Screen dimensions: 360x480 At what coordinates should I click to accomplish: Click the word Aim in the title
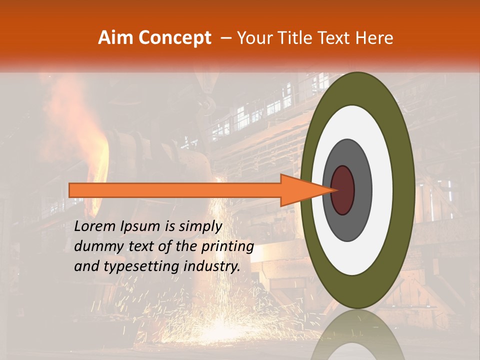[x=115, y=38]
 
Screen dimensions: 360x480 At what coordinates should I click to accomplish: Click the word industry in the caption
[x=212, y=266]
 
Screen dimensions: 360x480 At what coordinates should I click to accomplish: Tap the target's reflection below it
[x=357, y=337]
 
